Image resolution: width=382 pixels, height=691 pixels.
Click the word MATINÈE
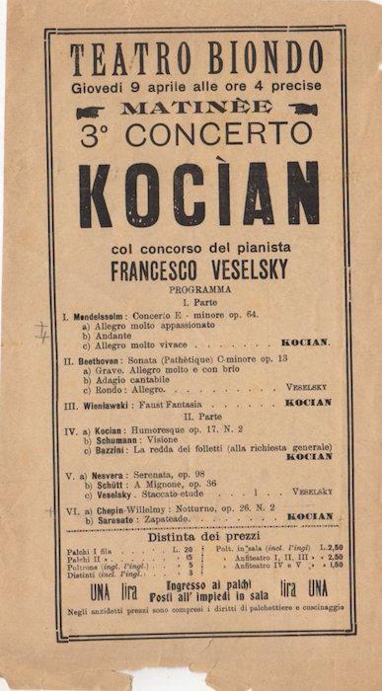click(191, 107)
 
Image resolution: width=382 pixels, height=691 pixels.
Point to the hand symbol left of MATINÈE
click(90, 112)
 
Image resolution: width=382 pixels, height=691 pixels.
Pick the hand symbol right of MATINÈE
click(302, 110)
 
